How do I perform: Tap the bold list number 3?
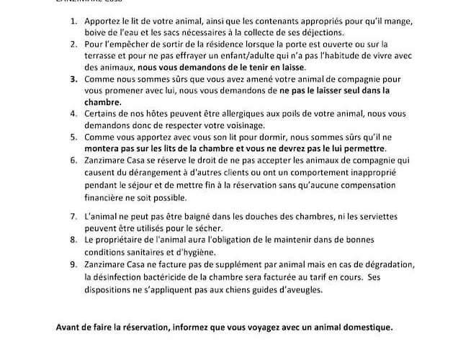click(73, 78)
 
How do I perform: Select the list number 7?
click(73, 216)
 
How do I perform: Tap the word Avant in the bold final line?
click(69, 326)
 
